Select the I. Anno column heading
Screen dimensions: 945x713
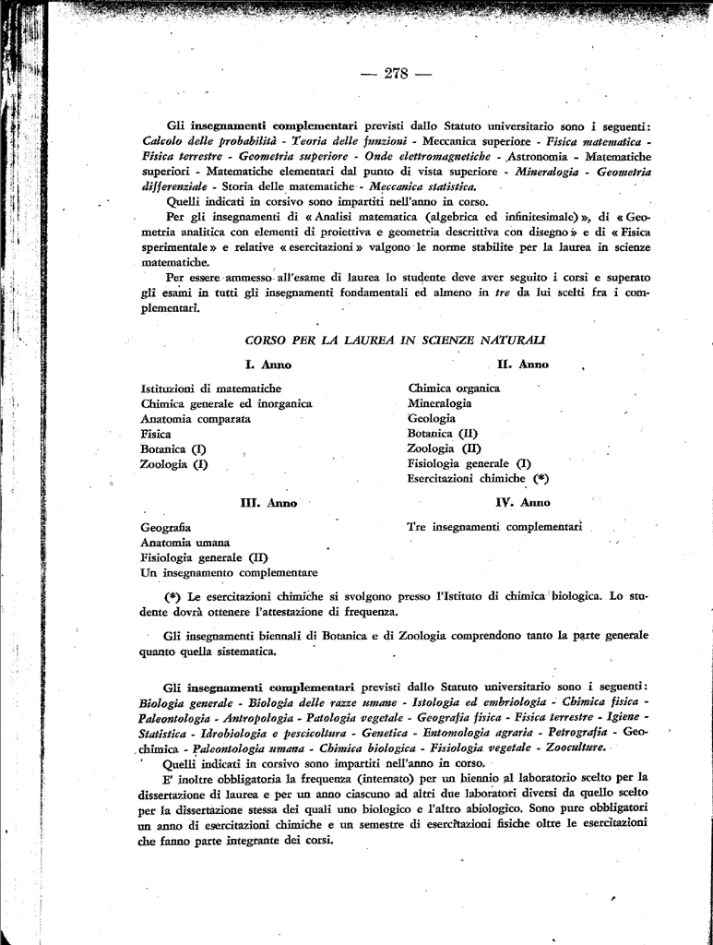coord(268,365)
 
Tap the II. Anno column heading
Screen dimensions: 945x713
coord(522,365)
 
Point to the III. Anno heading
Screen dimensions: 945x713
coord(268,503)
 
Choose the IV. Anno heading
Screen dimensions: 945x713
coord(522,503)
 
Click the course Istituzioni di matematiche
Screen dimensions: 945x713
coord(211,389)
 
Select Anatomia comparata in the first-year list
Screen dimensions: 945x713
coord(196,418)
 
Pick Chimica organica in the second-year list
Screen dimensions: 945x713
coord(454,389)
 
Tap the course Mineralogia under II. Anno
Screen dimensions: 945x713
coord(439,403)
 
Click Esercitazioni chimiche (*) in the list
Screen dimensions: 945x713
coord(478,479)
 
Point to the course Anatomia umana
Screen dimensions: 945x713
coord(185,542)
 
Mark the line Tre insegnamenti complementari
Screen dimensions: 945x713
coord(494,527)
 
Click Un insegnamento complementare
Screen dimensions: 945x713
coord(229,572)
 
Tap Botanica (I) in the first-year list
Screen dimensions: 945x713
coord(172,449)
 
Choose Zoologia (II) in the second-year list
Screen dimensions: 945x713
coord(444,449)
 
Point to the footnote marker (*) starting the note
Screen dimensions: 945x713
coord(172,596)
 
